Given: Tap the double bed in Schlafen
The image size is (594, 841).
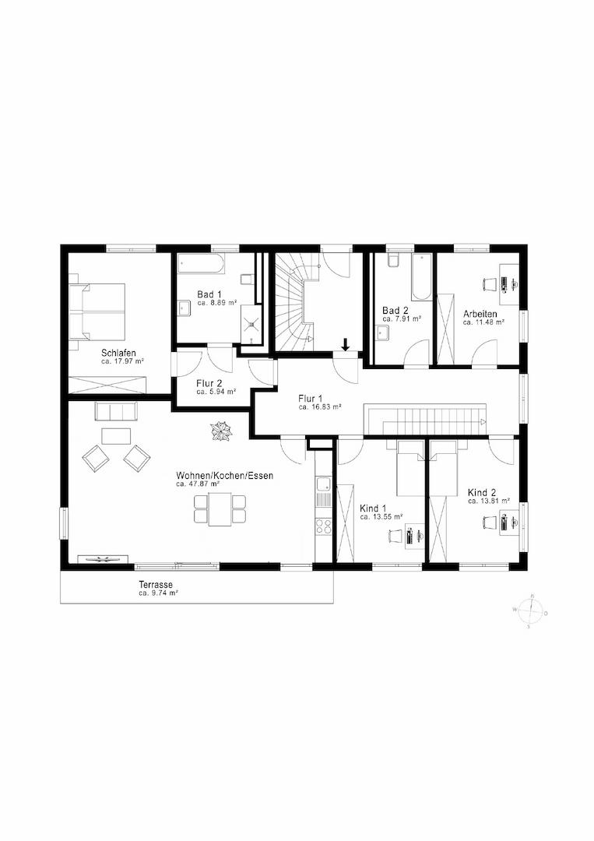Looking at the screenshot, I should point(99,311).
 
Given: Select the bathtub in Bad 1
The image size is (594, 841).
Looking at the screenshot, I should point(201,263).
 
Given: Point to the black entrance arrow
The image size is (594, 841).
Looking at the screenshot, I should point(346,343).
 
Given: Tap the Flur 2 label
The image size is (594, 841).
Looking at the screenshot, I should point(209,383).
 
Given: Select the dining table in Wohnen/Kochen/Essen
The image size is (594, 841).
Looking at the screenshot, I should point(220,509).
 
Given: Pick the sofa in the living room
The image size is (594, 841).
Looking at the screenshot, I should point(115,412).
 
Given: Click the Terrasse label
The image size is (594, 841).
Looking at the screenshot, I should point(156,585).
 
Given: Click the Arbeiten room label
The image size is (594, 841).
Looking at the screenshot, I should point(480,313).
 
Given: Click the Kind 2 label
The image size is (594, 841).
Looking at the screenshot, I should point(483,492).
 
